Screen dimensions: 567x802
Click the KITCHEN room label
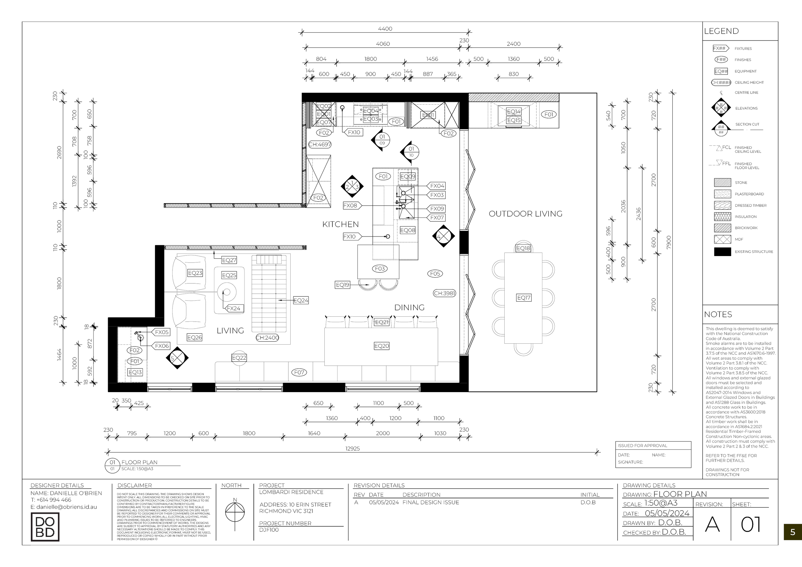click(x=340, y=224)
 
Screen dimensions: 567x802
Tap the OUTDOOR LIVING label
click(x=525, y=214)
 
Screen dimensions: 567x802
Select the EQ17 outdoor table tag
click(x=524, y=298)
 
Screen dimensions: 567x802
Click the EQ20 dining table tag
click(x=381, y=346)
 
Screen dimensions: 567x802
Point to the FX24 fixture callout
click(x=234, y=308)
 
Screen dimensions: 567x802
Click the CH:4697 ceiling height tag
click(x=320, y=144)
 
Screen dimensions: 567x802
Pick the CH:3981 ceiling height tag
click(x=444, y=293)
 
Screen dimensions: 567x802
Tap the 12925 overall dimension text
click(x=353, y=449)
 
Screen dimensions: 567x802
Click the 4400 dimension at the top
click(x=385, y=29)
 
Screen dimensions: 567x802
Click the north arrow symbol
click(x=235, y=512)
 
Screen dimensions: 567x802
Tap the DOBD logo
click(x=45, y=527)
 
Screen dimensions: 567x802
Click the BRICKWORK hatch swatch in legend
click(x=722, y=228)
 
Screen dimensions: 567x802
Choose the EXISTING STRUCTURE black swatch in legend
click(x=722, y=252)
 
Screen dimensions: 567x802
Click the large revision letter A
click(x=712, y=524)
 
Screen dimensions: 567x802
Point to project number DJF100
click(x=269, y=530)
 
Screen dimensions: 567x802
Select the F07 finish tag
click(x=299, y=373)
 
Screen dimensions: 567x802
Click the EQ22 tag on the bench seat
click(x=239, y=358)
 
